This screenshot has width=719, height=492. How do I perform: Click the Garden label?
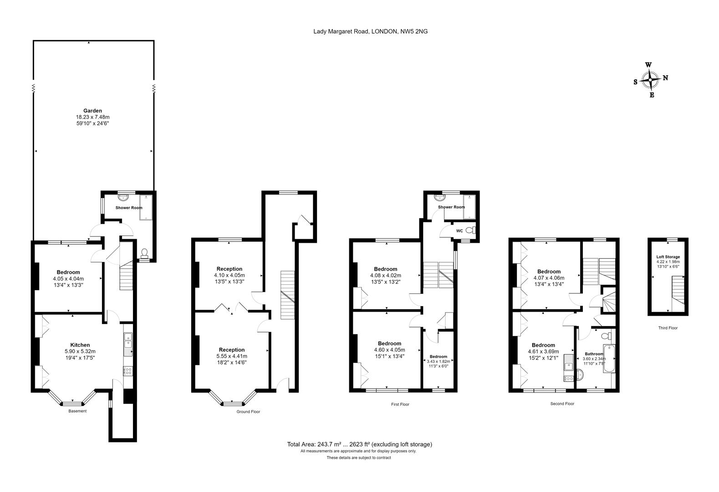[x=92, y=111]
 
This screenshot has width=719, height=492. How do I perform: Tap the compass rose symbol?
[x=650, y=80]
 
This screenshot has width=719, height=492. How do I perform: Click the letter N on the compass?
[x=665, y=78]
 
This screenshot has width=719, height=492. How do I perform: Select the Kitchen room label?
[x=80, y=345]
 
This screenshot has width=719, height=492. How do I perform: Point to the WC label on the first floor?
[x=459, y=231]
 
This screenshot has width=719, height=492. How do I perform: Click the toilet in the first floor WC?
[x=471, y=230]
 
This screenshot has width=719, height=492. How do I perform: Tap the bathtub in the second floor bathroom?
[x=609, y=359]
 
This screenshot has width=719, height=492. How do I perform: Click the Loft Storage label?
[x=668, y=257]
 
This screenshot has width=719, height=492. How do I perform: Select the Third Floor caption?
[x=668, y=328]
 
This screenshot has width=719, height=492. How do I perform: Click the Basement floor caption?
[x=77, y=411]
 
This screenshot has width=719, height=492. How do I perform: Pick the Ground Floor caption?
[x=248, y=412]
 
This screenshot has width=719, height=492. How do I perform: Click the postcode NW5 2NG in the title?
[x=414, y=31]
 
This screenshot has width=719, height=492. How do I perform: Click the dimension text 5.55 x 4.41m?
[x=232, y=356]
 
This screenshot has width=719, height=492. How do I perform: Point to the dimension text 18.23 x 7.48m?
[x=92, y=117]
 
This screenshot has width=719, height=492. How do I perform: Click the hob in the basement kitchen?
[x=128, y=371]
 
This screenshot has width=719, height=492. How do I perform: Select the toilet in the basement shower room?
[x=144, y=253]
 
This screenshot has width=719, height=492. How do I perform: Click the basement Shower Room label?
[x=129, y=208]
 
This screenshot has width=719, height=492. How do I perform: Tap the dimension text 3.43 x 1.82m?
[x=439, y=361]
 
